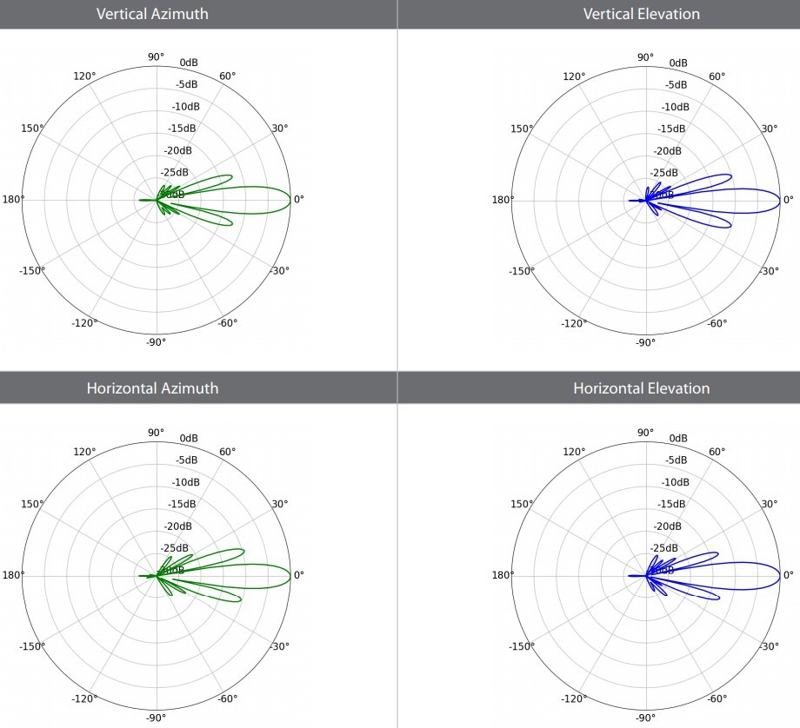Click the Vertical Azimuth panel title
[152, 14]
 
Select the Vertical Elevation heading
[641, 14]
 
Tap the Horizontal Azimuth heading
[152, 387]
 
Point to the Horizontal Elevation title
[641, 387]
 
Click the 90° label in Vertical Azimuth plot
[156, 57]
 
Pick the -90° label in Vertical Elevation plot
[644, 342]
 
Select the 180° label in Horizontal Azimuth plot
[14, 575]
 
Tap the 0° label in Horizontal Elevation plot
[788, 575]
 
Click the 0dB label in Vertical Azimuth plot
[190, 63]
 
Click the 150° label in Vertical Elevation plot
[521, 129]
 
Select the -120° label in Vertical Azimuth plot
[85, 323]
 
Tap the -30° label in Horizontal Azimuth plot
[280, 645]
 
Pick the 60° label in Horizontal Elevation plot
[717, 451]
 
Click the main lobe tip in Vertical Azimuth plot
[291, 200]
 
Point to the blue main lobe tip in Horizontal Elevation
[780, 575]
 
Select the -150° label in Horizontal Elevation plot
[521, 645]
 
